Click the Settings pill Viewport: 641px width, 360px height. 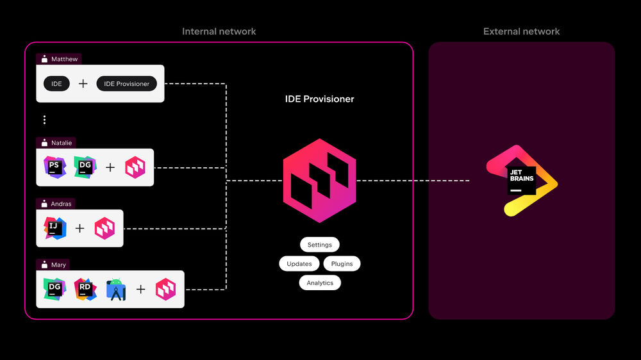[x=319, y=245]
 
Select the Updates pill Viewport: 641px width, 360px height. [x=299, y=263]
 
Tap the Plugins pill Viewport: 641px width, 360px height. [x=342, y=263]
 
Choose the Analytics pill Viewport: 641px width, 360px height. [x=320, y=282]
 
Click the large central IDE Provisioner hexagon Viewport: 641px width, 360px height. [x=319, y=180]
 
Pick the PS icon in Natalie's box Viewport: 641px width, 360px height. [x=54, y=167]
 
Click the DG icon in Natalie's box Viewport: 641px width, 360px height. [x=85, y=167]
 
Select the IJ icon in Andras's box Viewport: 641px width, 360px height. [x=54, y=228]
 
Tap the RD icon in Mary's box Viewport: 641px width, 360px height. [x=85, y=289]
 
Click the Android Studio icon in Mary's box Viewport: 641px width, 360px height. [x=116, y=290]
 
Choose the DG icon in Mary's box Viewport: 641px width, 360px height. [x=54, y=289]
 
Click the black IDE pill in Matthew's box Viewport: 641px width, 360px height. [x=57, y=83]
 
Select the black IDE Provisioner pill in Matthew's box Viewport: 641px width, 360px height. [x=126, y=83]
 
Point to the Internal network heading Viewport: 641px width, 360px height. [x=219, y=31]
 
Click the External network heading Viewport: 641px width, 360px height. [x=521, y=31]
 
